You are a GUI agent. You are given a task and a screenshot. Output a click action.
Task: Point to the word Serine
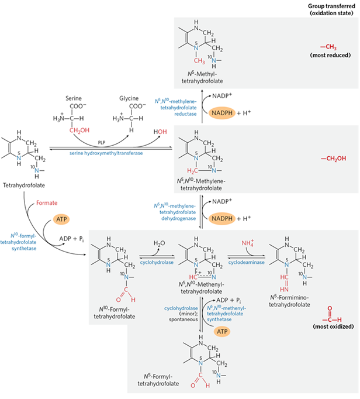[78, 99]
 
